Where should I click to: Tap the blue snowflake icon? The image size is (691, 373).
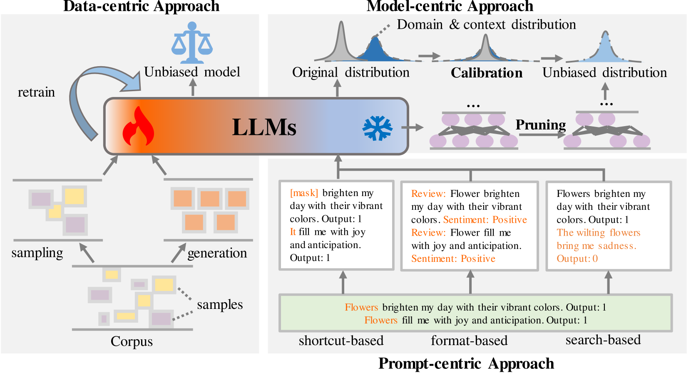377,128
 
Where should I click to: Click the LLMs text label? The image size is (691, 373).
264,127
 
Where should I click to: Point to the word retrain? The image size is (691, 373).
36,92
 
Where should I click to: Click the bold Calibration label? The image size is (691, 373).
486,73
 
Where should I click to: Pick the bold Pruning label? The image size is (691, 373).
540,124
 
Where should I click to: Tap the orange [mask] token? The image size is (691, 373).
304,193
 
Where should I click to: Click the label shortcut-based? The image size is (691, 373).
341,341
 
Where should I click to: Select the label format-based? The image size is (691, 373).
469,341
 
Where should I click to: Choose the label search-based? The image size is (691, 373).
603,340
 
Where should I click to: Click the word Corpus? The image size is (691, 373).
132,341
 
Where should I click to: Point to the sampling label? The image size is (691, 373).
37,253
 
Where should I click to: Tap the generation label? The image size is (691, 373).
217,253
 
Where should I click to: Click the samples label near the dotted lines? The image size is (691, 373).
220,305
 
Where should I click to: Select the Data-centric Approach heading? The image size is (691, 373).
141,6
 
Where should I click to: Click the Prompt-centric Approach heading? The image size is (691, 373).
466,363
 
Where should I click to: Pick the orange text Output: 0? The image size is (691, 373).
577,259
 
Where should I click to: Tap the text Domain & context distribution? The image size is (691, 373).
486,25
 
